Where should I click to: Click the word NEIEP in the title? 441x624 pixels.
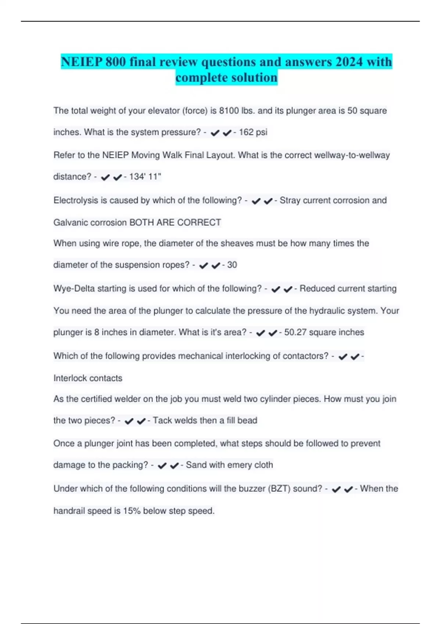click(x=81, y=62)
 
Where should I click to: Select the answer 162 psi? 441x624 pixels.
click(x=253, y=132)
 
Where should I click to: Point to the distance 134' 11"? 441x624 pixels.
click(x=145, y=177)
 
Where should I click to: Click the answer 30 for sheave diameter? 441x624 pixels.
click(x=232, y=265)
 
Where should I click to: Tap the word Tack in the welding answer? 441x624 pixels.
click(x=162, y=420)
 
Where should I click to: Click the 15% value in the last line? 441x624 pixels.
click(x=132, y=511)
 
